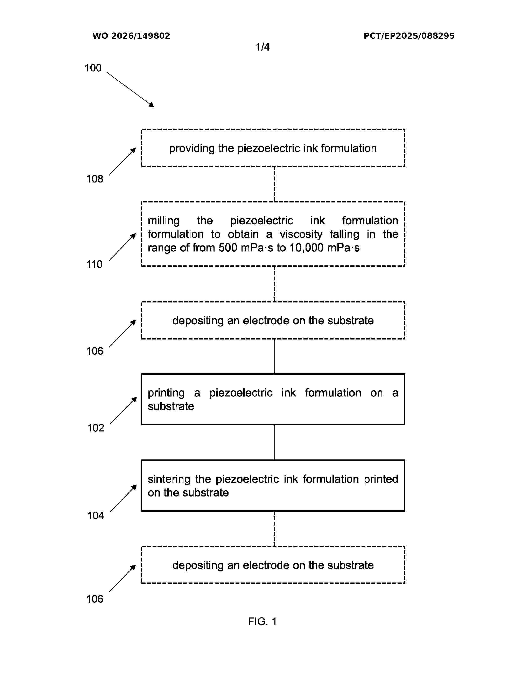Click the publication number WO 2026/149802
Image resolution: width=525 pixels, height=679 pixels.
click(x=131, y=36)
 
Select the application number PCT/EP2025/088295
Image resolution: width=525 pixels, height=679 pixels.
click(x=409, y=36)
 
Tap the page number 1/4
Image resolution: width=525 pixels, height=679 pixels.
click(x=262, y=47)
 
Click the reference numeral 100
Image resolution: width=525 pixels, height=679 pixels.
click(x=93, y=68)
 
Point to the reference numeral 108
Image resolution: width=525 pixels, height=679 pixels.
click(x=94, y=179)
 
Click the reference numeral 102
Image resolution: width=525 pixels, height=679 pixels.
click(x=96, y=428)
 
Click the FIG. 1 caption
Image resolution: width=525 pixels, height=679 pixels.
click(x=262, y=621)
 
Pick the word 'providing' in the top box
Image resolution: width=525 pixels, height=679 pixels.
click(x=192, y=149)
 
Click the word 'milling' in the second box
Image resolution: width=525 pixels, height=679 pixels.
click(x=164, y=221)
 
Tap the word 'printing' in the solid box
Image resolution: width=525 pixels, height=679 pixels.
click(x=166, y=393)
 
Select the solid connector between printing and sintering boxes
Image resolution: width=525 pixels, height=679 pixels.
click(x=274, y=442)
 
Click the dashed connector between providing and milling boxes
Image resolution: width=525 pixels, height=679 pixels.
click(x=274, y=184)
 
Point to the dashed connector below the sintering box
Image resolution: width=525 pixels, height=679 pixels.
click(x=274, y=529)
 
